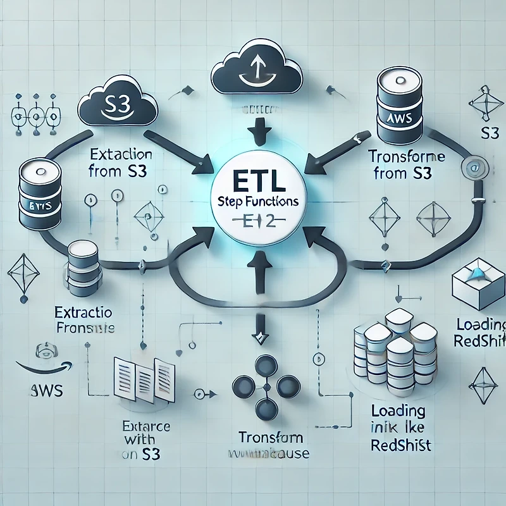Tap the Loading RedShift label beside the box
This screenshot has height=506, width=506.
pos(479,333)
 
